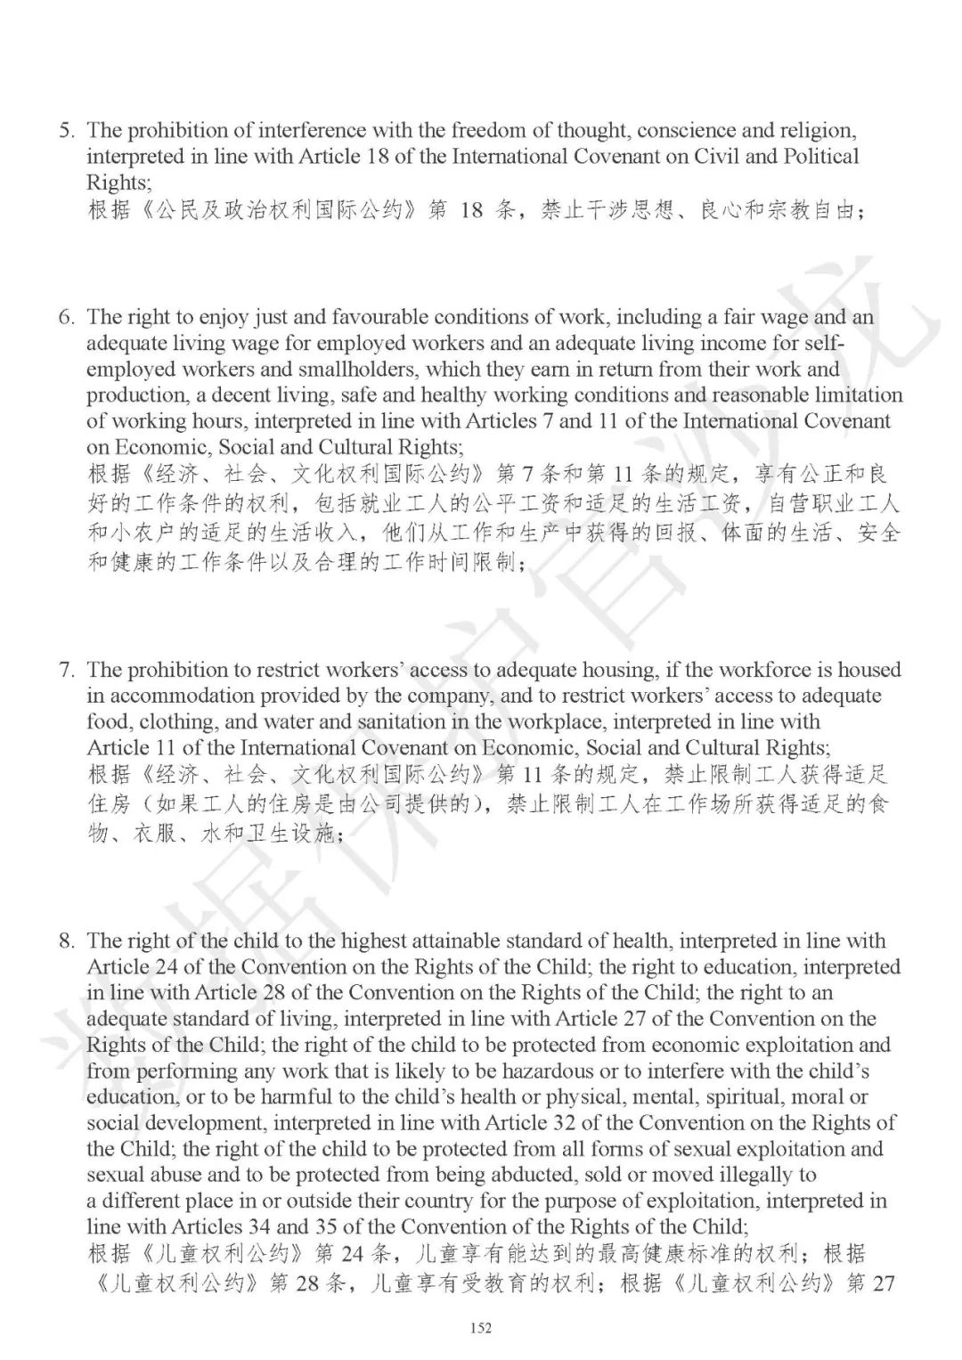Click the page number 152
click(480, 1328)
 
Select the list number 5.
click(65, 131)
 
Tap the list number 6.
click(65, 317)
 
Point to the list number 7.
click(65, 670)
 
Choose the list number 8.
click(65, 941)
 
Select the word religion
click(819, 131)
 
